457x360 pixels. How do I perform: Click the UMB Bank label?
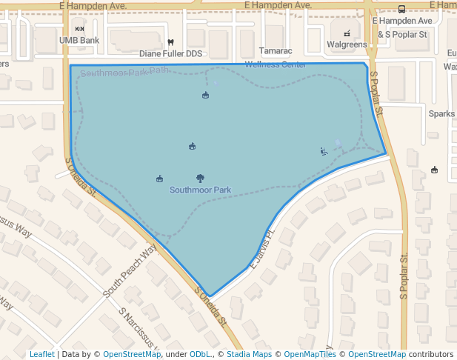(x=79, y=40)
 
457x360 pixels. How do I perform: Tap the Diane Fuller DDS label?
(x=170, y=54)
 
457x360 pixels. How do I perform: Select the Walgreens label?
(x=347, y=44)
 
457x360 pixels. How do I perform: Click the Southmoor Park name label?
(x=200, y=190)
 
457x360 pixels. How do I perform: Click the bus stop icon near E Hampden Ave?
(x=401, y=10)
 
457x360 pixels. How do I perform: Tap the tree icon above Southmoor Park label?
(x=200, y=178)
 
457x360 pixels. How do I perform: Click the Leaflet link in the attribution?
(x=41, y=354)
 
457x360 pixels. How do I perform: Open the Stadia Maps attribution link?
(x=249, y=354)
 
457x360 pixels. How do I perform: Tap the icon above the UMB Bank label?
(x=79, y=29)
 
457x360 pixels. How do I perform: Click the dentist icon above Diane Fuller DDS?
(x=170, y=42)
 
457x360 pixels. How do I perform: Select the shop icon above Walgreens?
(x=347, y=33)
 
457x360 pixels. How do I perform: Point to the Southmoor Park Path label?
(x=124, y=73)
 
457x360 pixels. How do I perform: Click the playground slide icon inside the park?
(x=324, y=152)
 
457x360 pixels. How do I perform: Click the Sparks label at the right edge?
(x=442, y=114)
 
